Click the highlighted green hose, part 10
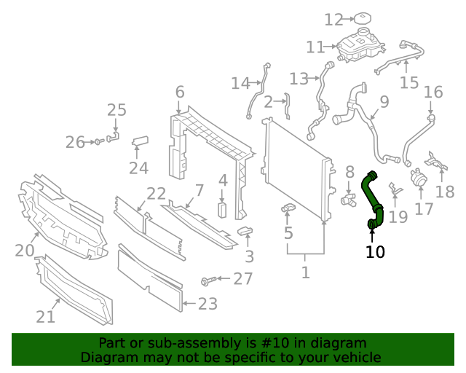[374, 197]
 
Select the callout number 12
[333, 20]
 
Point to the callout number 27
[242, 278]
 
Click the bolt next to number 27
[210, 280]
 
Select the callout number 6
[179, 93]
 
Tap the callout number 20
[25, 251]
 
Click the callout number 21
[45, 316]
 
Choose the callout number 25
[116, 110]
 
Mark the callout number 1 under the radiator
[305, 273]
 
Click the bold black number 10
[375, 252]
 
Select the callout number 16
[433, 92]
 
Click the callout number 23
[208, 304]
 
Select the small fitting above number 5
[288, 211]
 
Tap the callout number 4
[223, 179]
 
